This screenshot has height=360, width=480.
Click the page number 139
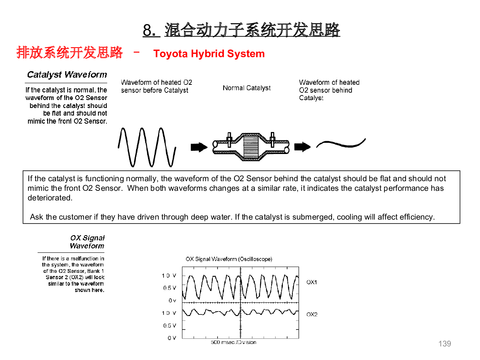[444, 344]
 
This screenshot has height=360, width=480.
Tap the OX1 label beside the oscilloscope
[311, 282]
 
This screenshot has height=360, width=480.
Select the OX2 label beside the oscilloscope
[312, 314]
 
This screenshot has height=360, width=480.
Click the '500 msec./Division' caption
[233, 342]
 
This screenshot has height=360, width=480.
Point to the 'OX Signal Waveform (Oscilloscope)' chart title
[229, 259]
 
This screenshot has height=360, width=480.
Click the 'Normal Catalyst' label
[246, 88]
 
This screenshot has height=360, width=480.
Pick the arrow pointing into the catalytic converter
[199, 147]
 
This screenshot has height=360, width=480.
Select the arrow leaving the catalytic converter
[302, 147]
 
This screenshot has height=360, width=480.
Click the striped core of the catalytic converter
[251, 147]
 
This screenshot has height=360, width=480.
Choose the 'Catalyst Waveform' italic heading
[67, 74]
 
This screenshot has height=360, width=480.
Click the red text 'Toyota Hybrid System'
[209, 54]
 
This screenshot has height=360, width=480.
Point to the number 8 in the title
[148, 30]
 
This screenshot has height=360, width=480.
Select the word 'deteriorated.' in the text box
[50, 198]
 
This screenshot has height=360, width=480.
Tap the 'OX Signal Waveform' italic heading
[87, 242]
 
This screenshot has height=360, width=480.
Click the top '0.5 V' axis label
[170, 288]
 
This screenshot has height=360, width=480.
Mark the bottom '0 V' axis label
[172, 338]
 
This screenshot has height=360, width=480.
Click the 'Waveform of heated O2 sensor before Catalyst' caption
[156, 86]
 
